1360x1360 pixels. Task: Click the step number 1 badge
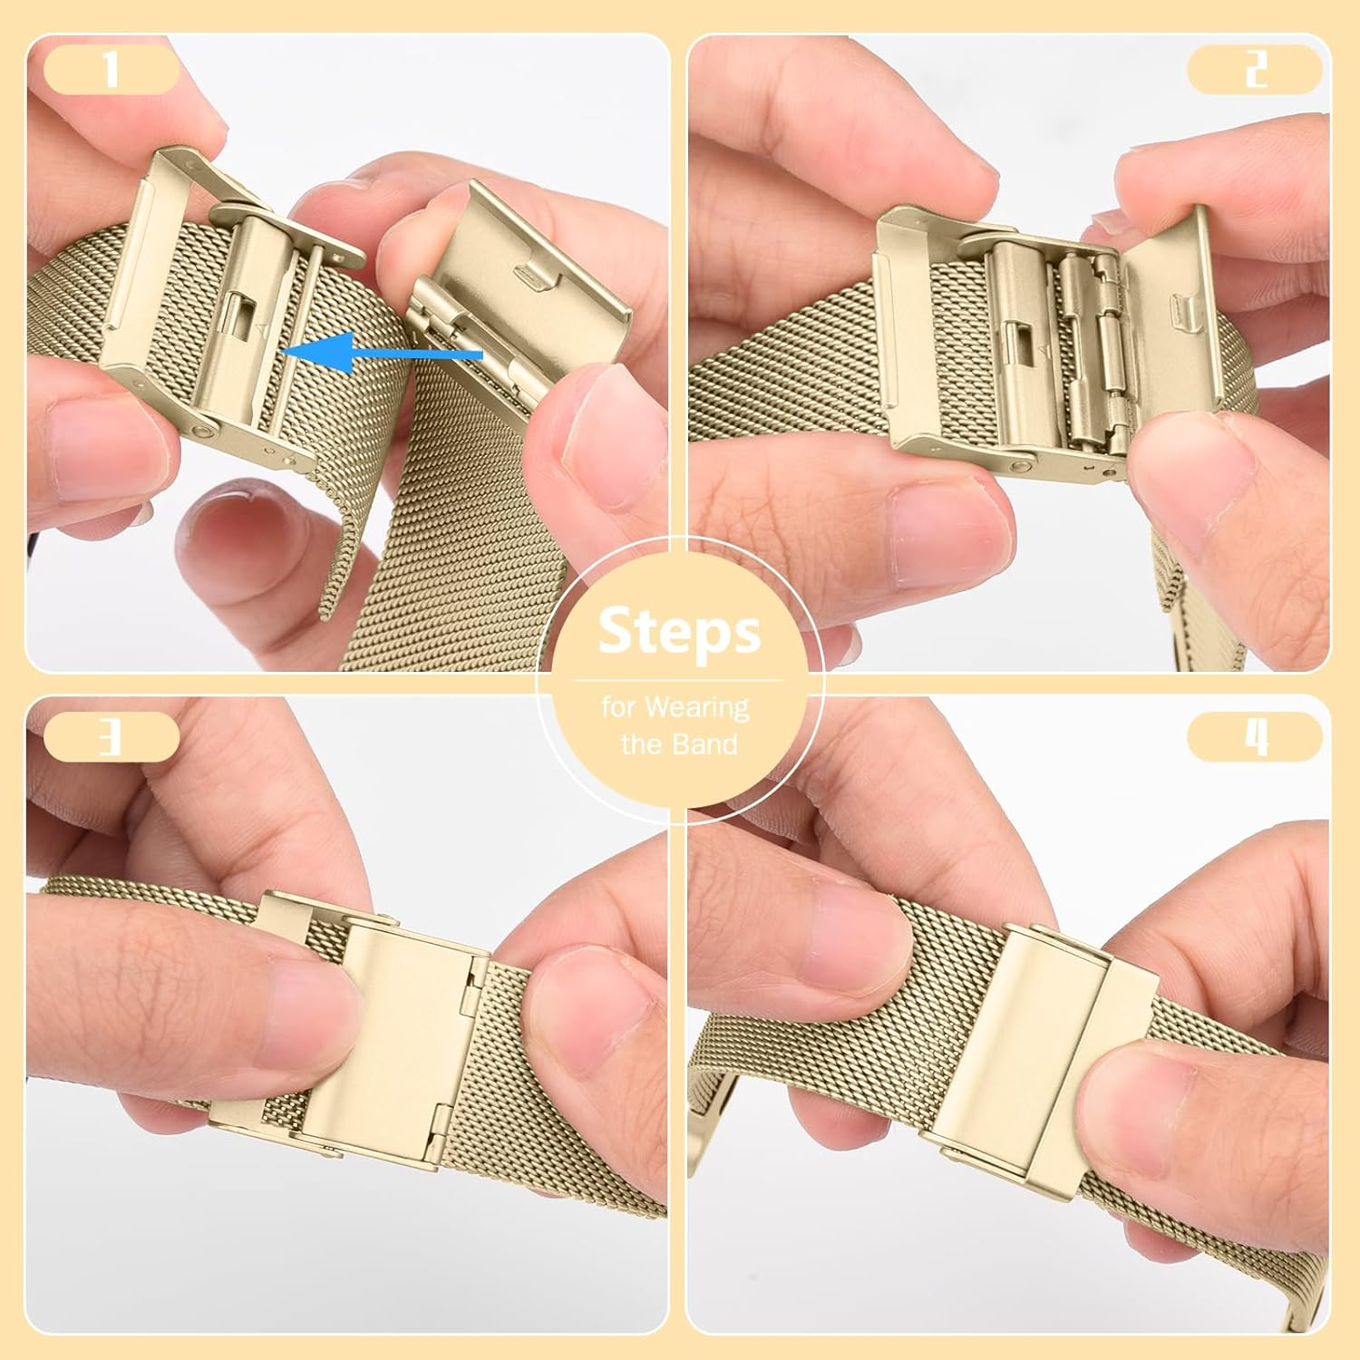(x=111, y=69)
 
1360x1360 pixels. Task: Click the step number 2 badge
(x=1255, y=69)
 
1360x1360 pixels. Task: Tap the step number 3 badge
(x=111, y=736)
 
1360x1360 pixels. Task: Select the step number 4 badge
(x=1255, y=736)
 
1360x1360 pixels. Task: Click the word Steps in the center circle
(x=679, y=631)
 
